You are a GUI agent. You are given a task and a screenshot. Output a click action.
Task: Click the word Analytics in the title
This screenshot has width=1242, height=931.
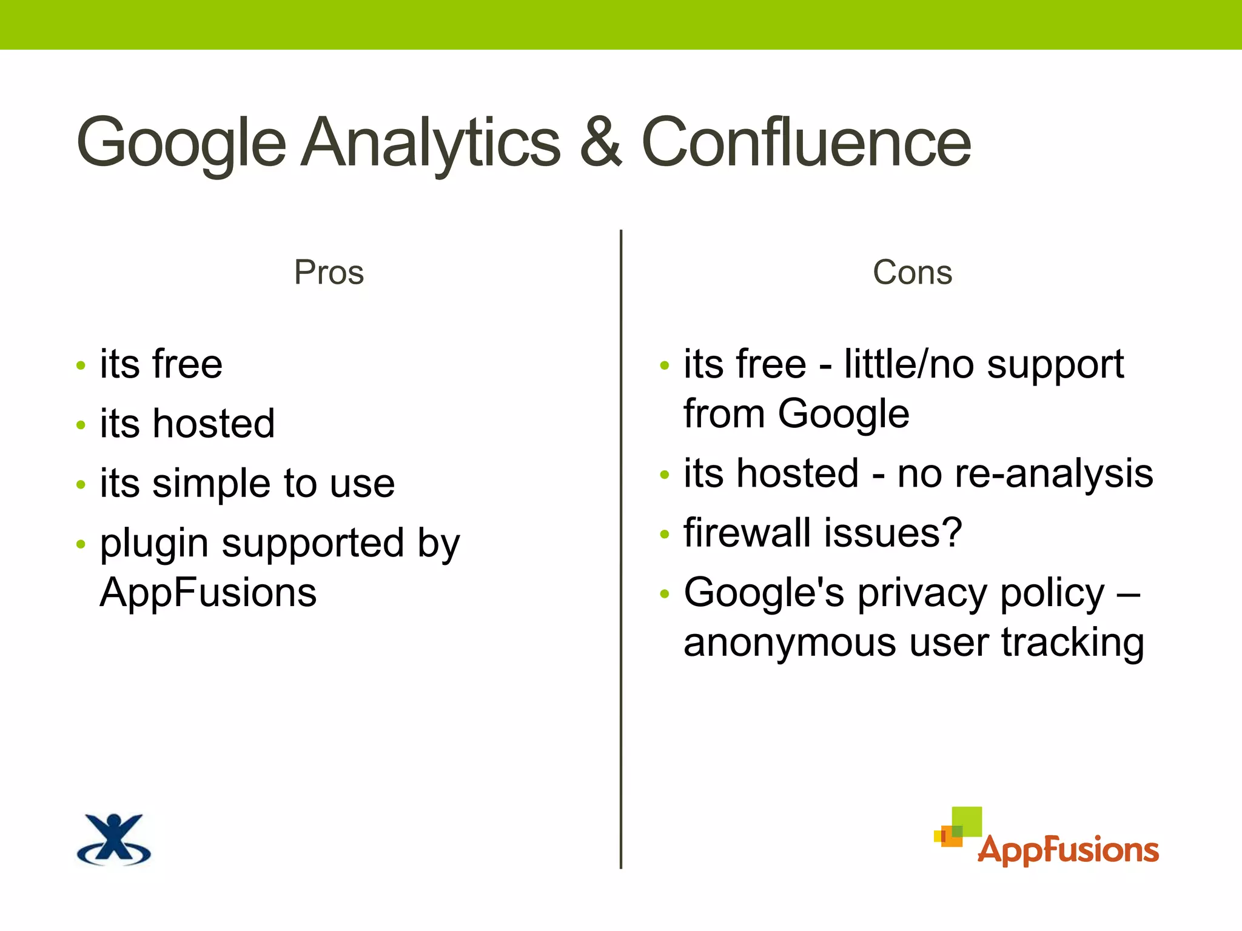pos(431,143)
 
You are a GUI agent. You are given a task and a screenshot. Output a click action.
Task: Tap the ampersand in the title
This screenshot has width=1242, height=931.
pos(600,143)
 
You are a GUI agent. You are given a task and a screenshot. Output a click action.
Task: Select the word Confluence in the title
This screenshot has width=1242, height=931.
pos(806,143)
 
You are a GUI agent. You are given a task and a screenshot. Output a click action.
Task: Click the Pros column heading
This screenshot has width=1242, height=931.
pos(329,272)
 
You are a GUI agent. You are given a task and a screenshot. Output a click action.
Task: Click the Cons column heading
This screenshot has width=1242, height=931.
pos(912,272)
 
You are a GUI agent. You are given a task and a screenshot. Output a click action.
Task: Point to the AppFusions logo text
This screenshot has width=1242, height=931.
pos(1069,850)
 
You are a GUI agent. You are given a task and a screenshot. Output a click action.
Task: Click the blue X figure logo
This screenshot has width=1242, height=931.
pos(114,839)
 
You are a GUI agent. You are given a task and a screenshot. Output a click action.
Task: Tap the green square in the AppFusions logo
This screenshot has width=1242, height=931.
pos(967,821)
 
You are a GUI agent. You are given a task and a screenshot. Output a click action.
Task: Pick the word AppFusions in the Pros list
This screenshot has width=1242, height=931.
pos(208,592)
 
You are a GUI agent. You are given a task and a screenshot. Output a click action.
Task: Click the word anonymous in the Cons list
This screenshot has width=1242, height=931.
pos(789,642)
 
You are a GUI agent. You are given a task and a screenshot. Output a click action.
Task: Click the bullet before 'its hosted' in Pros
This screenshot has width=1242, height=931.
pos(81,425)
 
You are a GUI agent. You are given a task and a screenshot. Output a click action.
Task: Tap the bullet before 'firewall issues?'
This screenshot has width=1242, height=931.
pos(665,534)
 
